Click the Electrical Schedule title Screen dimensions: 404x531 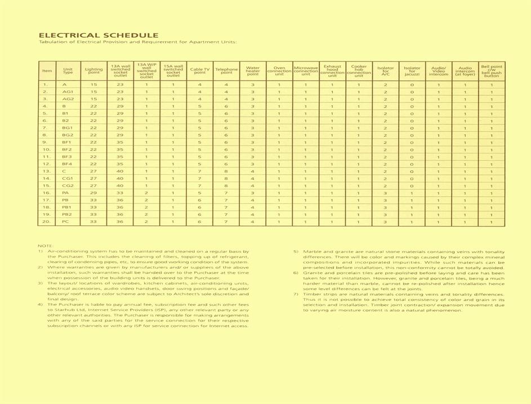(x=98, y=35)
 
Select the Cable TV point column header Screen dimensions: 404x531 (x=199, y=70)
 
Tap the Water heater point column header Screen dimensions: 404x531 (x=253, y=70)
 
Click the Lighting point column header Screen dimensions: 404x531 (x=93, y=70)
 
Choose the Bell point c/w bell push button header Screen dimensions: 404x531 (x=491, y=70)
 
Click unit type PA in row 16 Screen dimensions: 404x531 (x=66, y=193)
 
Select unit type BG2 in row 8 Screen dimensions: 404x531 (x=68, y=135)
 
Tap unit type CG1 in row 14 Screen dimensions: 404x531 (x=68, y=179)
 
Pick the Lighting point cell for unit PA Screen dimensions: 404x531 (x=93, y=193)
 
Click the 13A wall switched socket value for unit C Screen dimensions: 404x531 (x=120, y=171)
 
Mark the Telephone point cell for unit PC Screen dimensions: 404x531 (x=226, y=222)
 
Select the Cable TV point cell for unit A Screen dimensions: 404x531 (x=199, y=85)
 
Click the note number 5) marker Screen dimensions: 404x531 (x=296, y=251)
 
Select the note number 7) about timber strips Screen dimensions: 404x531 (x=296, y=294)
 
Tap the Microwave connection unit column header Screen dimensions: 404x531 (x=306, y=70)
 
